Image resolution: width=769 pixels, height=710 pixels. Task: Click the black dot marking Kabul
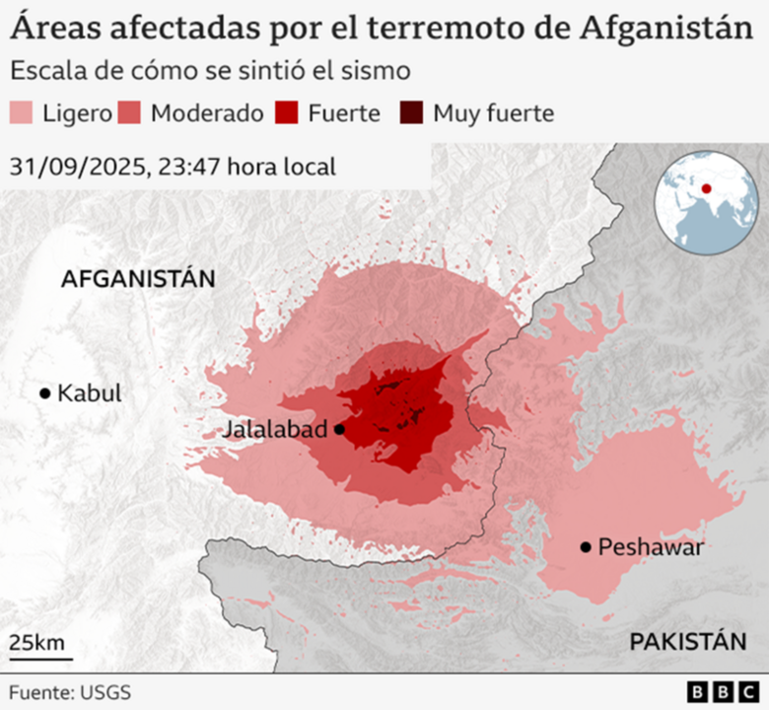pos(44,393)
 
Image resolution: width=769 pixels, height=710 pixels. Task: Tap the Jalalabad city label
pos(276,430)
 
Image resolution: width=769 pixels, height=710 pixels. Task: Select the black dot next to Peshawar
pos(586,546)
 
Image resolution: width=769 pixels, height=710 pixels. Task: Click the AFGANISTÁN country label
pos(137,279)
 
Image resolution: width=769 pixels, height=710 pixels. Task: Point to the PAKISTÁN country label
pos(687,642)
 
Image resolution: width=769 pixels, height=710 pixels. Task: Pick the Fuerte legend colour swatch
pos(288,113)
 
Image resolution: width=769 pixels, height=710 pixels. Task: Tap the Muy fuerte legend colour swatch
pos(412,113)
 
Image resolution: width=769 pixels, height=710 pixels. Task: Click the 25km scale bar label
pos(36,643)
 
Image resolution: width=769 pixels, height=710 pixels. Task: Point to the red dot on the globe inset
pos(706,187)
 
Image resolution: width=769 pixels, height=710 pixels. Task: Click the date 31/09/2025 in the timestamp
pos(75,167)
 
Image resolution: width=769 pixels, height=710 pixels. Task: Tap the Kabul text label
pos(89,393)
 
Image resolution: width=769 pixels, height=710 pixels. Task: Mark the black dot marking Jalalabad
pos(339,429)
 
